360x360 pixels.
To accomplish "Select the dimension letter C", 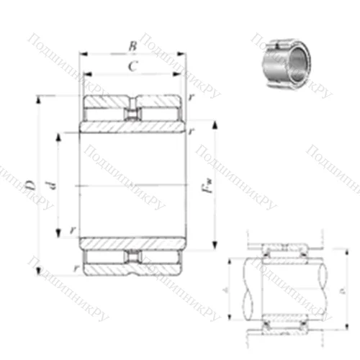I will click(132, 67).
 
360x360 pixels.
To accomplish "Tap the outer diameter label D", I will click(30, 186).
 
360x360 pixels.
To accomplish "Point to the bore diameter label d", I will click(50, 186).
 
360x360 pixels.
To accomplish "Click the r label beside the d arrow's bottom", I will click(73, 230).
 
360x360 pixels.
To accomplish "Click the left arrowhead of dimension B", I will click(81, 54).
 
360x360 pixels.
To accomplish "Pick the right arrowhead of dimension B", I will click(185, 54).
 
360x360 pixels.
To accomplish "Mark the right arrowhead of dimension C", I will click(179, 74).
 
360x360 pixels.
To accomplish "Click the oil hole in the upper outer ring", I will click(132, 114).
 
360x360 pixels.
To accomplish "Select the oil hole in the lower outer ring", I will click(132, 258).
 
